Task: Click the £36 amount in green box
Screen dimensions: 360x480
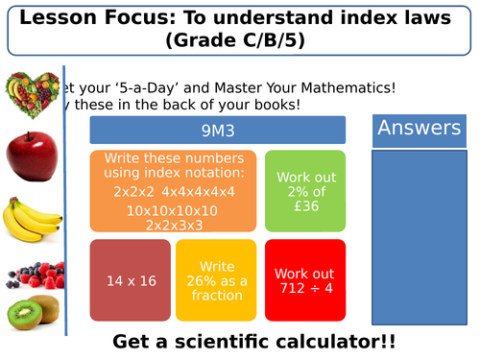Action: click(304, 206)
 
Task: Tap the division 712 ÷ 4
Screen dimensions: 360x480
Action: click(304, 287)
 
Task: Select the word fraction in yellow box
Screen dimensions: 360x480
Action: click(217, 295)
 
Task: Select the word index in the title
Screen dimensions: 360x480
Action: click(358, 17)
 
